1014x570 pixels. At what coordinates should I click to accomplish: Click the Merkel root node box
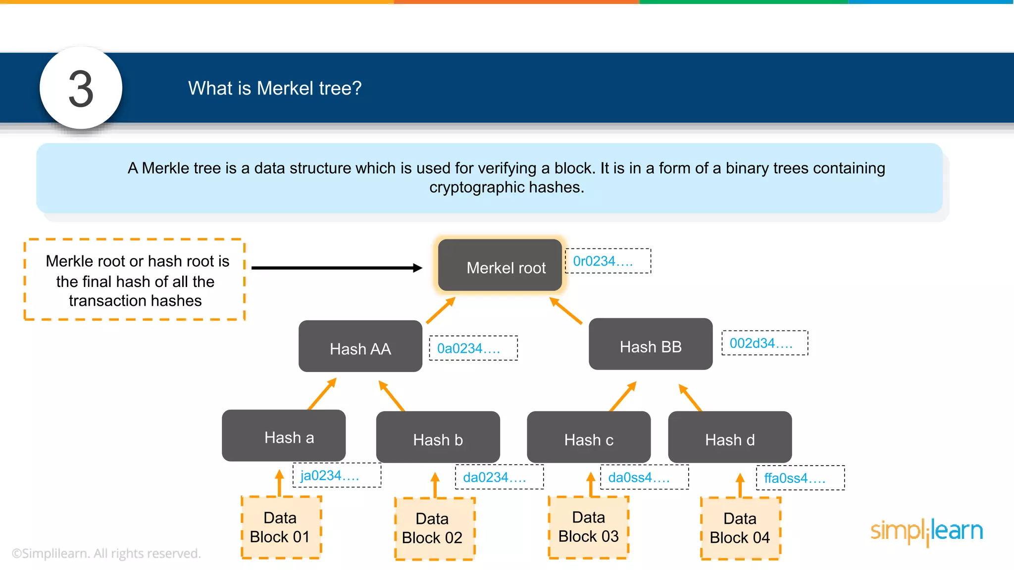pos(500,265)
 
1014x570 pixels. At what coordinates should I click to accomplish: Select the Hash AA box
pos(360,346)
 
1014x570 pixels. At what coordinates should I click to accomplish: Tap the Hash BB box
pos(651,344)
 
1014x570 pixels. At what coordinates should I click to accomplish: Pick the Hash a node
pos(284,435)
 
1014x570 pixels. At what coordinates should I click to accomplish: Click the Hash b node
pos(438,437)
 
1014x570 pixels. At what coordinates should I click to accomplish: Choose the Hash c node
pos(589,437)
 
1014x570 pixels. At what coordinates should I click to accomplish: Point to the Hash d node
pos(730,437)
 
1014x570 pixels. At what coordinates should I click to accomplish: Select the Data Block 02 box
pos(434,528)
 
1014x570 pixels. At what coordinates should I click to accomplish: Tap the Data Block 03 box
pos(589,527)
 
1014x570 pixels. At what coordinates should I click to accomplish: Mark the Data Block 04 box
pos(740,528)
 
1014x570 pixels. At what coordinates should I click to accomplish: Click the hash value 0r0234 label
pos(608,261)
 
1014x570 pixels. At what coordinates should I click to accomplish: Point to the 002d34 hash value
pos(764,343)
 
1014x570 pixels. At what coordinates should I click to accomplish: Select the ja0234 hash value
pos(337,475)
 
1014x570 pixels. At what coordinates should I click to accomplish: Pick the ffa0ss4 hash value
pos(800,478)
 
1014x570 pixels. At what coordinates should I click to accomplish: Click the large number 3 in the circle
pos(81,89)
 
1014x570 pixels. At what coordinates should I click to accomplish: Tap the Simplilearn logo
pos(926,531)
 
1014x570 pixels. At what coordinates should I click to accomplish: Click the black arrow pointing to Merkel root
pos(337,268)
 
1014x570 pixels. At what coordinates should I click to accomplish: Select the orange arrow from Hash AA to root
pos(440,310)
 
